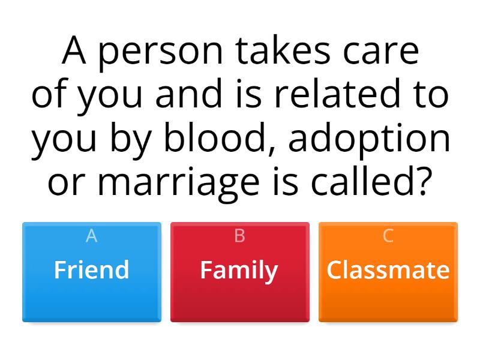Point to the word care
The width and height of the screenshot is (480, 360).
point(382,53)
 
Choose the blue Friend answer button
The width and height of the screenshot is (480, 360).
point(92,272)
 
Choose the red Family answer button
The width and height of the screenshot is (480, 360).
point(240,272)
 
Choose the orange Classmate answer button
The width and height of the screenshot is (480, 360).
point(388,272)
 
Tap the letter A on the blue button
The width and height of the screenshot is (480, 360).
point(92,236)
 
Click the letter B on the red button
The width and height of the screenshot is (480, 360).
point(240,236)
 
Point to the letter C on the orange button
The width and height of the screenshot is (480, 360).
point(388,236)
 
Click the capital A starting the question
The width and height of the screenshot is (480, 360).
point(75,52)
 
